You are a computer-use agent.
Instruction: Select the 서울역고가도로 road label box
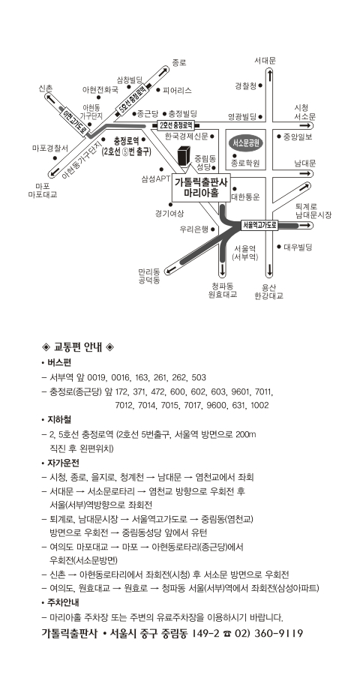point(259,225)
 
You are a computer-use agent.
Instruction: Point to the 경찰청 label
point(245,86)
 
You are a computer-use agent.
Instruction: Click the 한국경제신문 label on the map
point(187,136)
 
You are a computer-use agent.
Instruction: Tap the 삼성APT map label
point(153,179)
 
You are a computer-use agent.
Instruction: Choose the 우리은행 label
point(194,229)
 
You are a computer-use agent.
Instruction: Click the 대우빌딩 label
point(298,247)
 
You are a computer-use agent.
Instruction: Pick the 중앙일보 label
point(298,136)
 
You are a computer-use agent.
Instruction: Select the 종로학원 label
point(245,163)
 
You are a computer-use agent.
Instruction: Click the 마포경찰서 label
point(49,148)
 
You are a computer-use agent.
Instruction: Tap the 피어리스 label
point(178,90)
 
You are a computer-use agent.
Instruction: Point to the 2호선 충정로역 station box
point(176,125)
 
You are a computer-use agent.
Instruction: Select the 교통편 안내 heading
point(77,346)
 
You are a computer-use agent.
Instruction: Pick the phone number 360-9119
point(279,634)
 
